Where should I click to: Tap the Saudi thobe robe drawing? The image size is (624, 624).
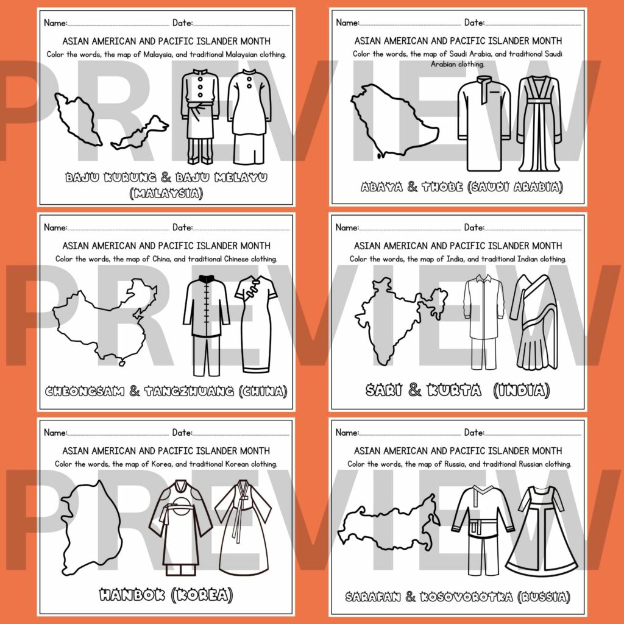484,122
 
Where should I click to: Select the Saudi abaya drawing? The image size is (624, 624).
539,122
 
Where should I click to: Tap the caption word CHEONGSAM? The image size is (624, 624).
85,391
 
